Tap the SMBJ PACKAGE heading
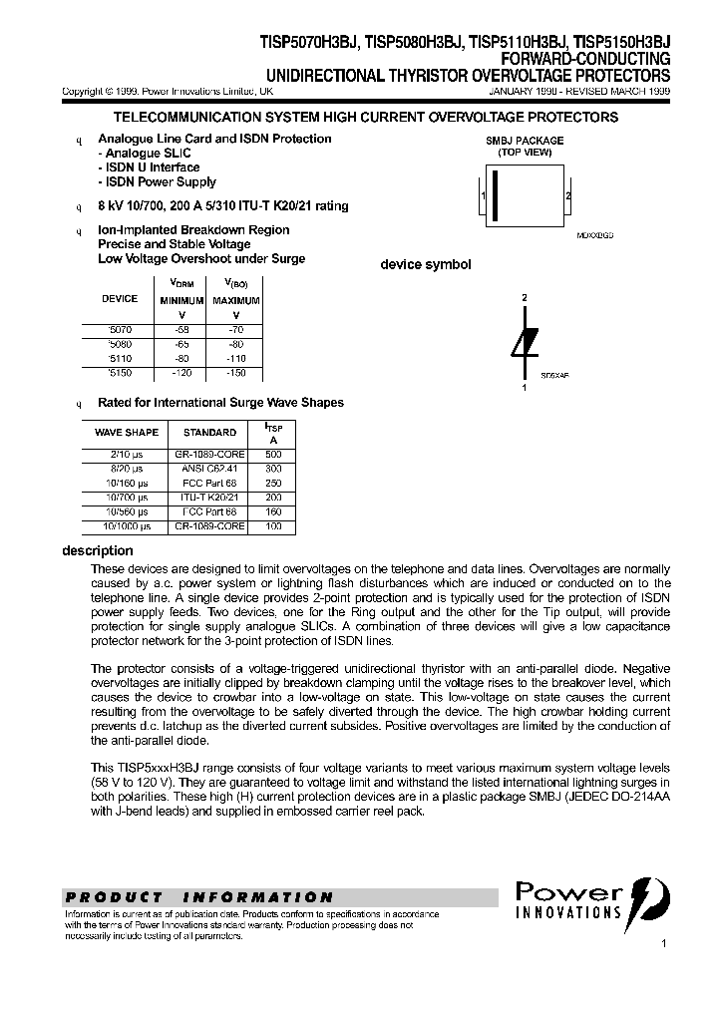click(524, 141)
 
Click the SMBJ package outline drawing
click(525, 198)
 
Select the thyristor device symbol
click(525, 342)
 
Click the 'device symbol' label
click(426, 265)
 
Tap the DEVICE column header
click(121, 299)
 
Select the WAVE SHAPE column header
click(127, 433)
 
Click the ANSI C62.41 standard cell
click(209, 468)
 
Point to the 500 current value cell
click(274, 454)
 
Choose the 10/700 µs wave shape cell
click(127, 497)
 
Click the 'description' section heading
click(97, 550)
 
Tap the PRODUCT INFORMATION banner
click(198, 896)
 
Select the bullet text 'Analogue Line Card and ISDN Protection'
click(214, 139)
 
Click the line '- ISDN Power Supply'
click(157, 182)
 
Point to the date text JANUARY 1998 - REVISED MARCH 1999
click(579, 91)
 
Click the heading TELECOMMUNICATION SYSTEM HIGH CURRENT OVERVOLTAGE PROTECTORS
click(358, 118)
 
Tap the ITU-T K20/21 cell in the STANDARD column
click(209, 497)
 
